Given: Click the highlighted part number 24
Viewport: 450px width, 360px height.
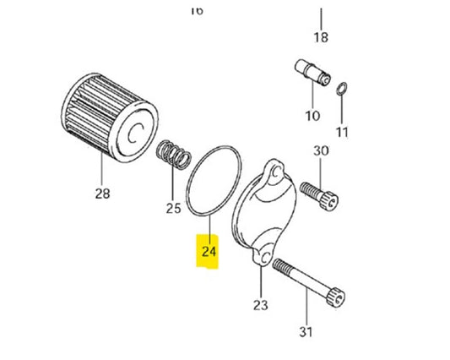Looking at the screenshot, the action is [x=208, y=252].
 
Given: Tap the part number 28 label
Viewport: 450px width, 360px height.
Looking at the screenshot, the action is [x=102, y=194].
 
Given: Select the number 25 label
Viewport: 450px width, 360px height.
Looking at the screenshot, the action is [x=174, y=208].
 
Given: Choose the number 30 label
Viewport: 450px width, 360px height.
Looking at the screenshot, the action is [x=321, y=151].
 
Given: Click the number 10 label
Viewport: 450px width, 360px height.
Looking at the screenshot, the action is [x=313, y=115].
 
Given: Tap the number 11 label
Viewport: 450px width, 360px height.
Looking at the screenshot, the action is [x=341, y=133].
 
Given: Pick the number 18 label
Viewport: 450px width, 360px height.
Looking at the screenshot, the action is [x=321, y=37].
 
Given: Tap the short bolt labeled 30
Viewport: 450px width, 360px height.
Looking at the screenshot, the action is [x=322, y=192].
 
